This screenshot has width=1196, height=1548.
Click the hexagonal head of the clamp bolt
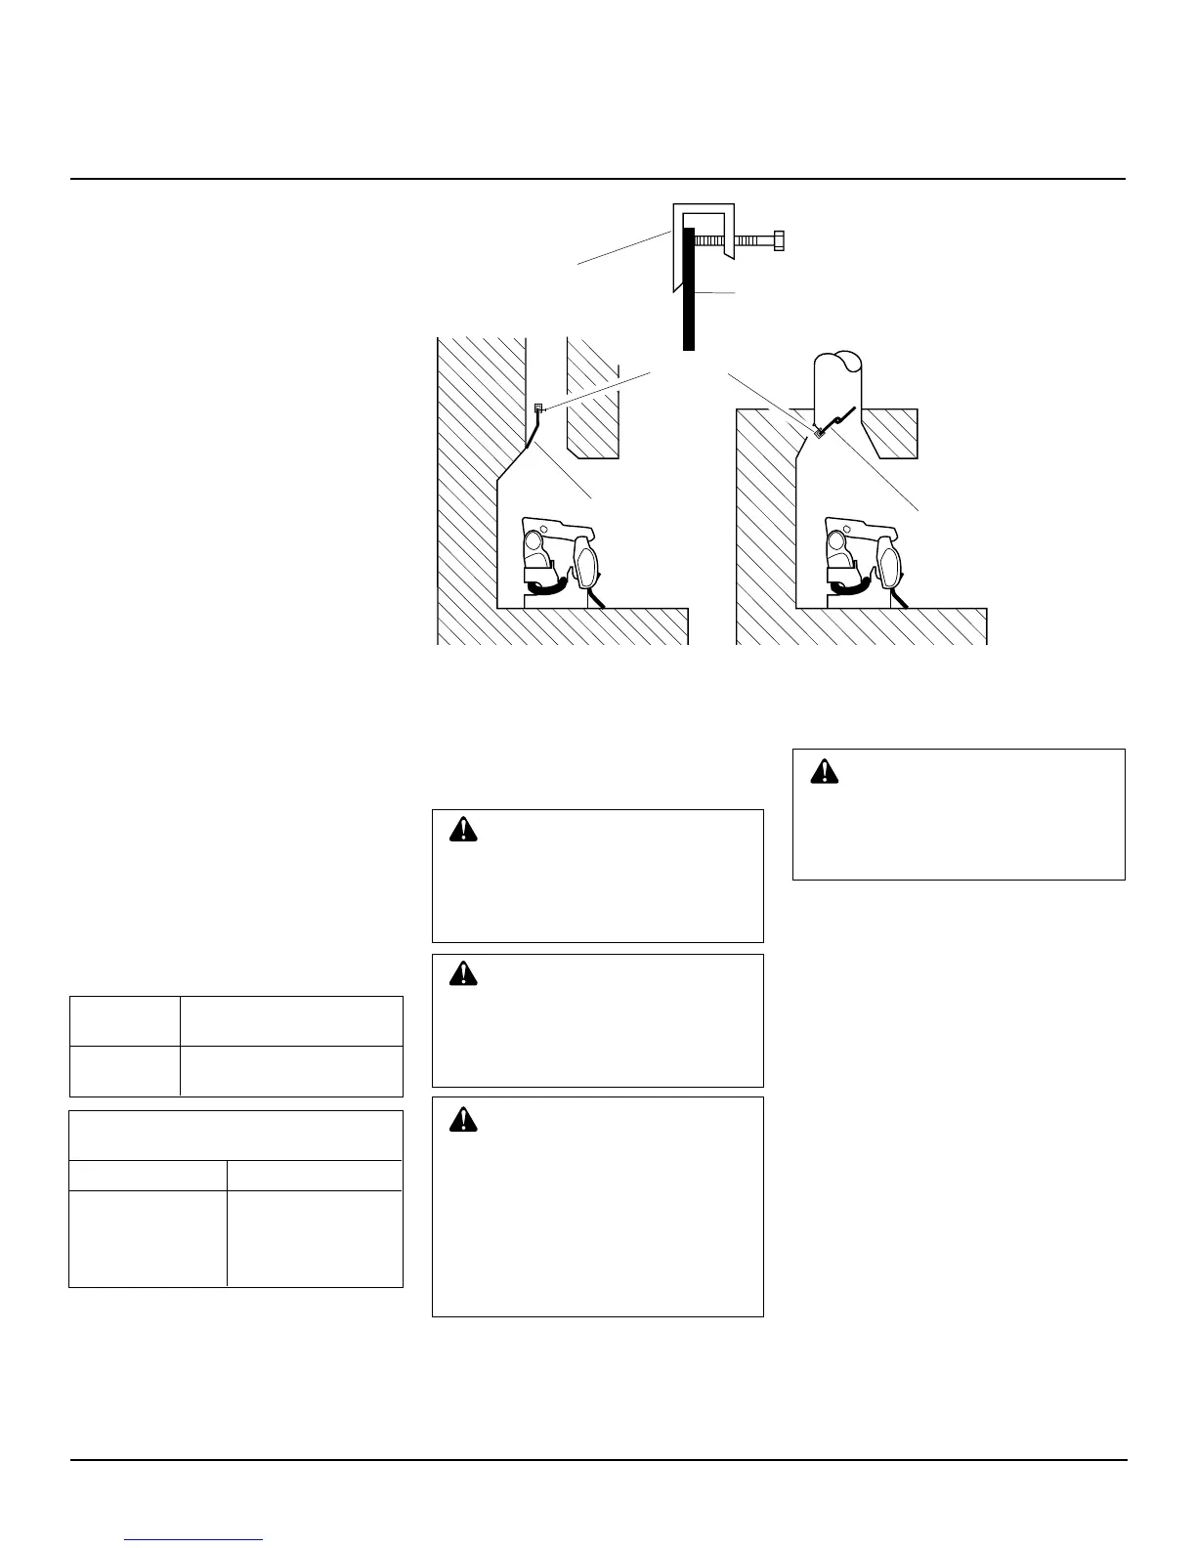[778, 239]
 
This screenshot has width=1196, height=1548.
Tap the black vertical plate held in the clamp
[689, 289]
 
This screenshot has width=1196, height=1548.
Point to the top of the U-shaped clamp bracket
[703, 208]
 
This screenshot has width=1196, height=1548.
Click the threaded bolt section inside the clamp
[713, 239]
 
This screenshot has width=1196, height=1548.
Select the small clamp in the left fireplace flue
[537, 408]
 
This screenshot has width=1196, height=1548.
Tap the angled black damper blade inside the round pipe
[840, 419]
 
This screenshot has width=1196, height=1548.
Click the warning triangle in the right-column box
[826, 771]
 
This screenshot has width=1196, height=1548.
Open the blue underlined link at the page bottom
[194, 1539]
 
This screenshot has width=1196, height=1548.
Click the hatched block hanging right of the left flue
[592, 401]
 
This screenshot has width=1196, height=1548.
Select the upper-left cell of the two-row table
[124, 1021]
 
